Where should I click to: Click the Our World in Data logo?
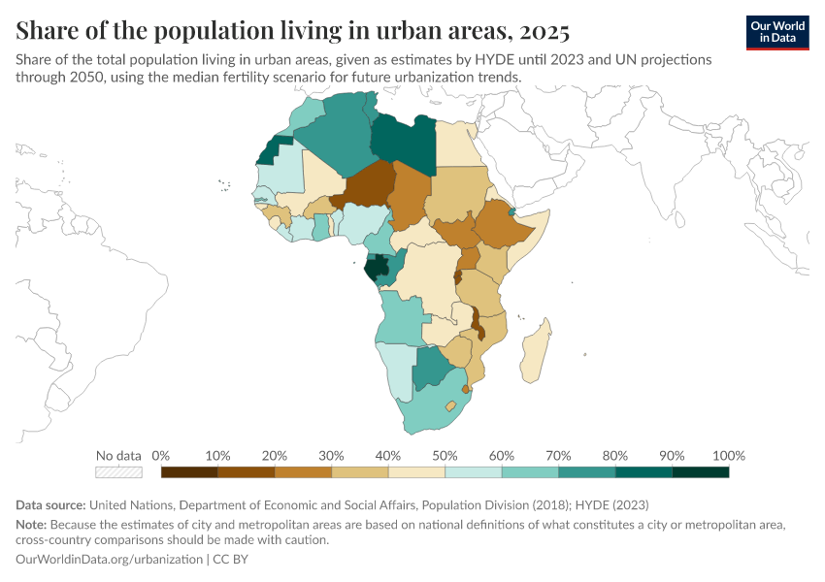click(x=777, y=32)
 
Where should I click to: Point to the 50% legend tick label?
click(x=445, y=456)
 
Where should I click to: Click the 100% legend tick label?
click(x=728, y=456)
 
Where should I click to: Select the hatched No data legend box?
click(x=118, y=472)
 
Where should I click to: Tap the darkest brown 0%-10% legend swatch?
click(x=189, y=472)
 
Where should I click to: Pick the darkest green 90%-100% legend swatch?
click(x=701, y=472)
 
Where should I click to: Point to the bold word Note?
click(x=34, y=525)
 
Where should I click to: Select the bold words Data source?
click(x=51, y=504)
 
